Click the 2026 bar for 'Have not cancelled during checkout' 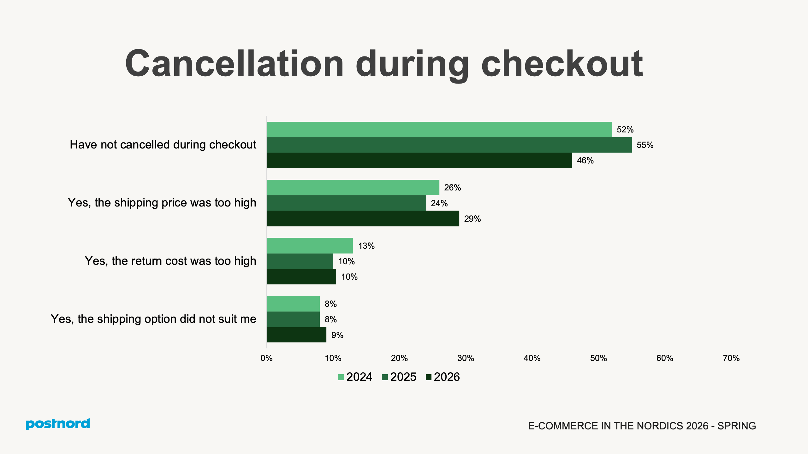[419, 160]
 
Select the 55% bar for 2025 [449, 145]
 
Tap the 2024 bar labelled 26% [353, 188]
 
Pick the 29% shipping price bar [363, 218]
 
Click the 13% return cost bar [310, 246]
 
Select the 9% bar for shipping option [296, 335]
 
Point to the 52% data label [625, 130]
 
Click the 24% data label [439, 203]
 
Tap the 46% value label [585, 160]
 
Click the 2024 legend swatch [341, 377]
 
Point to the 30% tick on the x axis [466, 358]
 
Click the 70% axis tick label [731, 358]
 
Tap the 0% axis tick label [266, 358]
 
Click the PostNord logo [58, 424]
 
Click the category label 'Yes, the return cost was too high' [170, 261]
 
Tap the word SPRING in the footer [736, 426]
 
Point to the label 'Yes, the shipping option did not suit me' [153, 319]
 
